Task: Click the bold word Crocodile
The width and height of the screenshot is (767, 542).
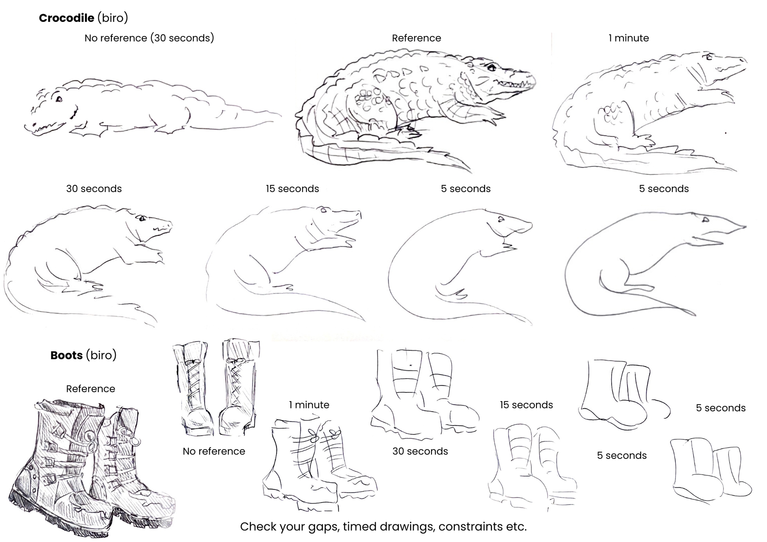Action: tap(66, 18)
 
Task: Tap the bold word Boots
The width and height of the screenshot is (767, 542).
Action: tap(66, 355)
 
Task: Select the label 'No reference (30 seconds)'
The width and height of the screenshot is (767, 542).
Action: tap(149, 38)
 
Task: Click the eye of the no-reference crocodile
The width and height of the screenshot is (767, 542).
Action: tap(59, 99)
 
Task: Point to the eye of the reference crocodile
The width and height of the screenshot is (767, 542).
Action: tap(492, 68)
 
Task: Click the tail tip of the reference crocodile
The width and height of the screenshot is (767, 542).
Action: tap(469, 171)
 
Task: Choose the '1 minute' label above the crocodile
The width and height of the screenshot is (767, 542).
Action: tap(628, 38)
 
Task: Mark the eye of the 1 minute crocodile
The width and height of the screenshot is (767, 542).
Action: tap(709, 57)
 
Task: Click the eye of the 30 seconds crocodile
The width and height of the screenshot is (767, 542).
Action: tap(142, 218)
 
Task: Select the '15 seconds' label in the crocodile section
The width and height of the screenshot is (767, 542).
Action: tap(292, 189)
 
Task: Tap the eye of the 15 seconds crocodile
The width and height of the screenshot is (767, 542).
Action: tap(323, 210)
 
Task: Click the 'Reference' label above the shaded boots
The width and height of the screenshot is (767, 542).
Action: tap(90, 389)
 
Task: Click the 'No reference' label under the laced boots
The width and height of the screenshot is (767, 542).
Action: tap(214, 451)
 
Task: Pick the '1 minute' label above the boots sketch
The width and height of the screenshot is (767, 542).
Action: tap(309, 405)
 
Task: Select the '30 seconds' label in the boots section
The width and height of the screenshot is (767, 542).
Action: tap(420, 451)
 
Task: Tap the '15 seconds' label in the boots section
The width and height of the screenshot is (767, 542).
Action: tap(526, 405)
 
